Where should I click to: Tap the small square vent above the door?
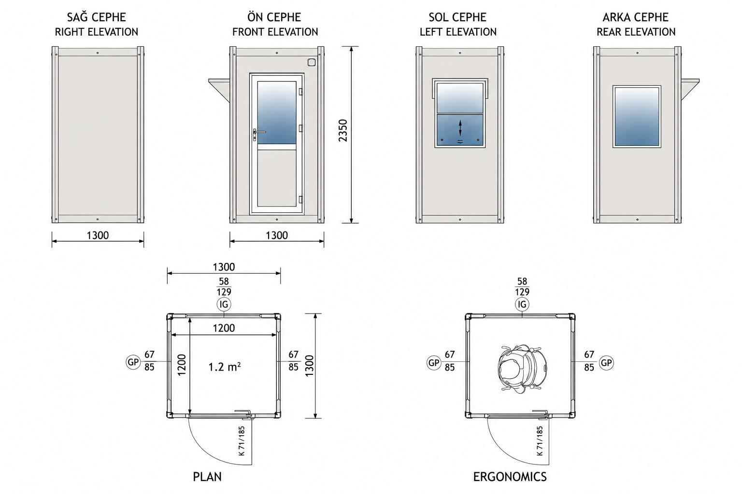(x=311, y=62)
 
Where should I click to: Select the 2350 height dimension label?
(x=343, y=130)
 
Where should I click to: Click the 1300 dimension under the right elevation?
(x=98, y=235)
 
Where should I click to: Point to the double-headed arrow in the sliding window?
(x=460, y=128)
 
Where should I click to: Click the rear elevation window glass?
(x=637, y=116)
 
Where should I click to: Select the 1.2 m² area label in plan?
(x=224, y=367)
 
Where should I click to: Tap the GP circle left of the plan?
(x=133, y=362)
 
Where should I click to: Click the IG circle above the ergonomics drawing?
(x=522, y=304)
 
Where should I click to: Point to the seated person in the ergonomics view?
(x=522, y=369)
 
